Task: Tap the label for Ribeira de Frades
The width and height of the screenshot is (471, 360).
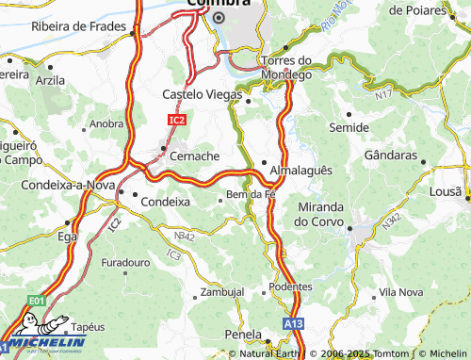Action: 80,26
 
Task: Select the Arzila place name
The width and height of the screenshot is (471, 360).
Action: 51,81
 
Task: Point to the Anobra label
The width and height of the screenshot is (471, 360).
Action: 106,123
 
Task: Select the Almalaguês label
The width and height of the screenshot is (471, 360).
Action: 301,171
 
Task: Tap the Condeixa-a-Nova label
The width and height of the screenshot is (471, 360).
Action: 59,185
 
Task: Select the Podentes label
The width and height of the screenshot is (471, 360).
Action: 289,286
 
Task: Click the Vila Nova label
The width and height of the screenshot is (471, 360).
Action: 400,293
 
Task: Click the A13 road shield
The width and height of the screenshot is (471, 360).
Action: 294,323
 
